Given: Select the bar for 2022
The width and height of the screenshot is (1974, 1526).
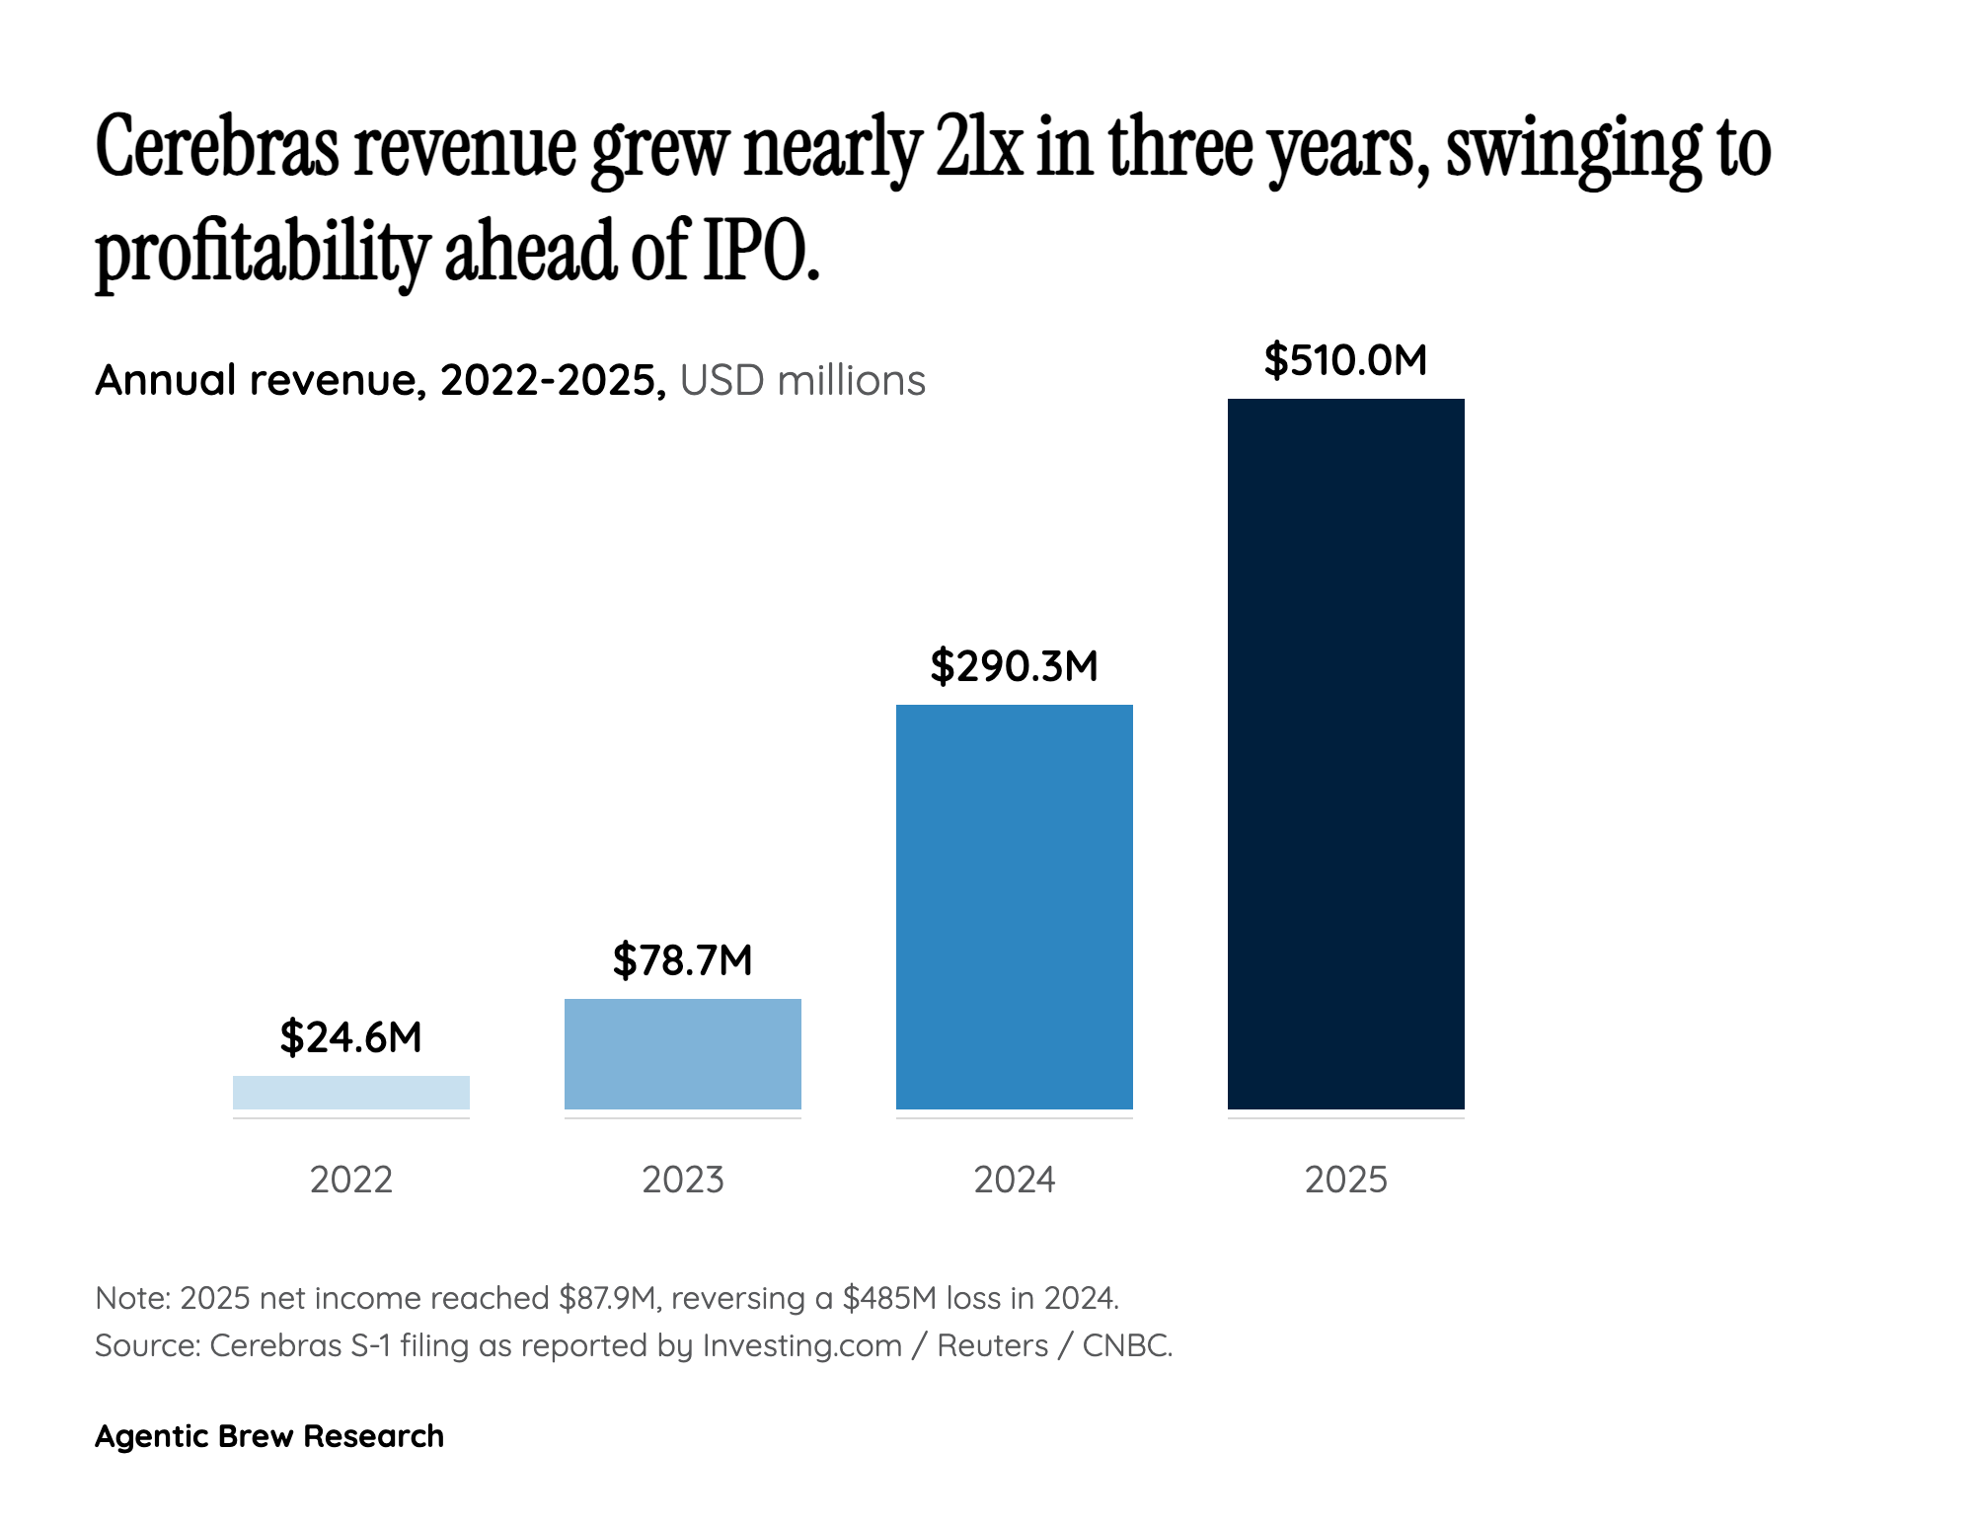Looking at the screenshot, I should click(x=350, y=1092).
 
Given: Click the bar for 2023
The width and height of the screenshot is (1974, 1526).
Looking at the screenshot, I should click(x=682, y=1053).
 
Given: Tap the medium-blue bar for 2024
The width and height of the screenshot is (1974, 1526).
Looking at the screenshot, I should click(x=1014, y=906).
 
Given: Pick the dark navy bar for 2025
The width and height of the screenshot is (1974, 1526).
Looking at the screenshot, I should click(x=1345, y=753).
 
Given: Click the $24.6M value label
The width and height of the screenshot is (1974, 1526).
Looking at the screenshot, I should click(x=350, y=1037).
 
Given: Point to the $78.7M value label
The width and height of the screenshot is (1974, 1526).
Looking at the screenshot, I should click(x=682, y=960).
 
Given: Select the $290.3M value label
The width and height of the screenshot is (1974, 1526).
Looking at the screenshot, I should click(x=1014, y=666).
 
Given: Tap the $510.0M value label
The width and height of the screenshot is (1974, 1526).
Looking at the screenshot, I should click(x=1345, y=360).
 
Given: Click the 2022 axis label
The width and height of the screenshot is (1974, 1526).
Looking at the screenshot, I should click(x=350, y=1180).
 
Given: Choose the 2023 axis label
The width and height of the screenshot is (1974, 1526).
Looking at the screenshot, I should click(x=682, y=1180).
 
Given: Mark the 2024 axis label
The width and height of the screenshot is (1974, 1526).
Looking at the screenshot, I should click(x=1014, y=1180).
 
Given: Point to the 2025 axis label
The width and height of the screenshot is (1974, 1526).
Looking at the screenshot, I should click(x=1345, y=1180).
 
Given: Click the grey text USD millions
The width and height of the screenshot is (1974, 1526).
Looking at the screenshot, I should click(x=802, y=381).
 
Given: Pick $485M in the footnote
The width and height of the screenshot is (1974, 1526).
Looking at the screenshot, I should click(x=888, y=1298).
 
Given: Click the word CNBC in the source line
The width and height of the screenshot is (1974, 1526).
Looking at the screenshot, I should click(x=1126, y=1345).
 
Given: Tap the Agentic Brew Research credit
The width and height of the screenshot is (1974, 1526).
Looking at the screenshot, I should click(x=268, y=1436).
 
